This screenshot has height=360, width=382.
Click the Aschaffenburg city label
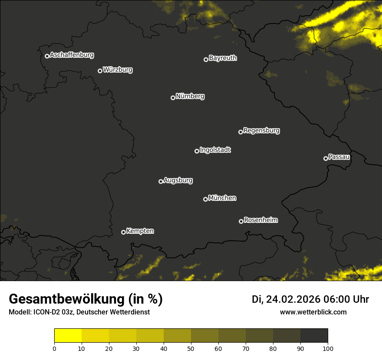72,55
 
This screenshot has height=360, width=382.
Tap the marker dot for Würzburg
100,71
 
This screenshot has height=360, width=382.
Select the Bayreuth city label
223,58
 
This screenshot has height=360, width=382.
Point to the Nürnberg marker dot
173,98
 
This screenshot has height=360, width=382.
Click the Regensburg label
261,131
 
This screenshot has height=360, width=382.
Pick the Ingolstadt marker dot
197,151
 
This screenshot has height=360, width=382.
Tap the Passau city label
339,157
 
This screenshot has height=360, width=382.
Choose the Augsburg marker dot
161,181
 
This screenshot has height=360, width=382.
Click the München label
222,198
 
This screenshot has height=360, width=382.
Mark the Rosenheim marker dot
241,221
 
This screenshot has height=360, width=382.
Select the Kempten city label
140,231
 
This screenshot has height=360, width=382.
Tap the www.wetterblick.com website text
313,312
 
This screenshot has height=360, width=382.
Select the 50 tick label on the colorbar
191,348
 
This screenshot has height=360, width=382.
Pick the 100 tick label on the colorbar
327,348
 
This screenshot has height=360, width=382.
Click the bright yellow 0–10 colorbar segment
68,335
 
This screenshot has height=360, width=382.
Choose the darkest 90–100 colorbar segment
314,335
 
